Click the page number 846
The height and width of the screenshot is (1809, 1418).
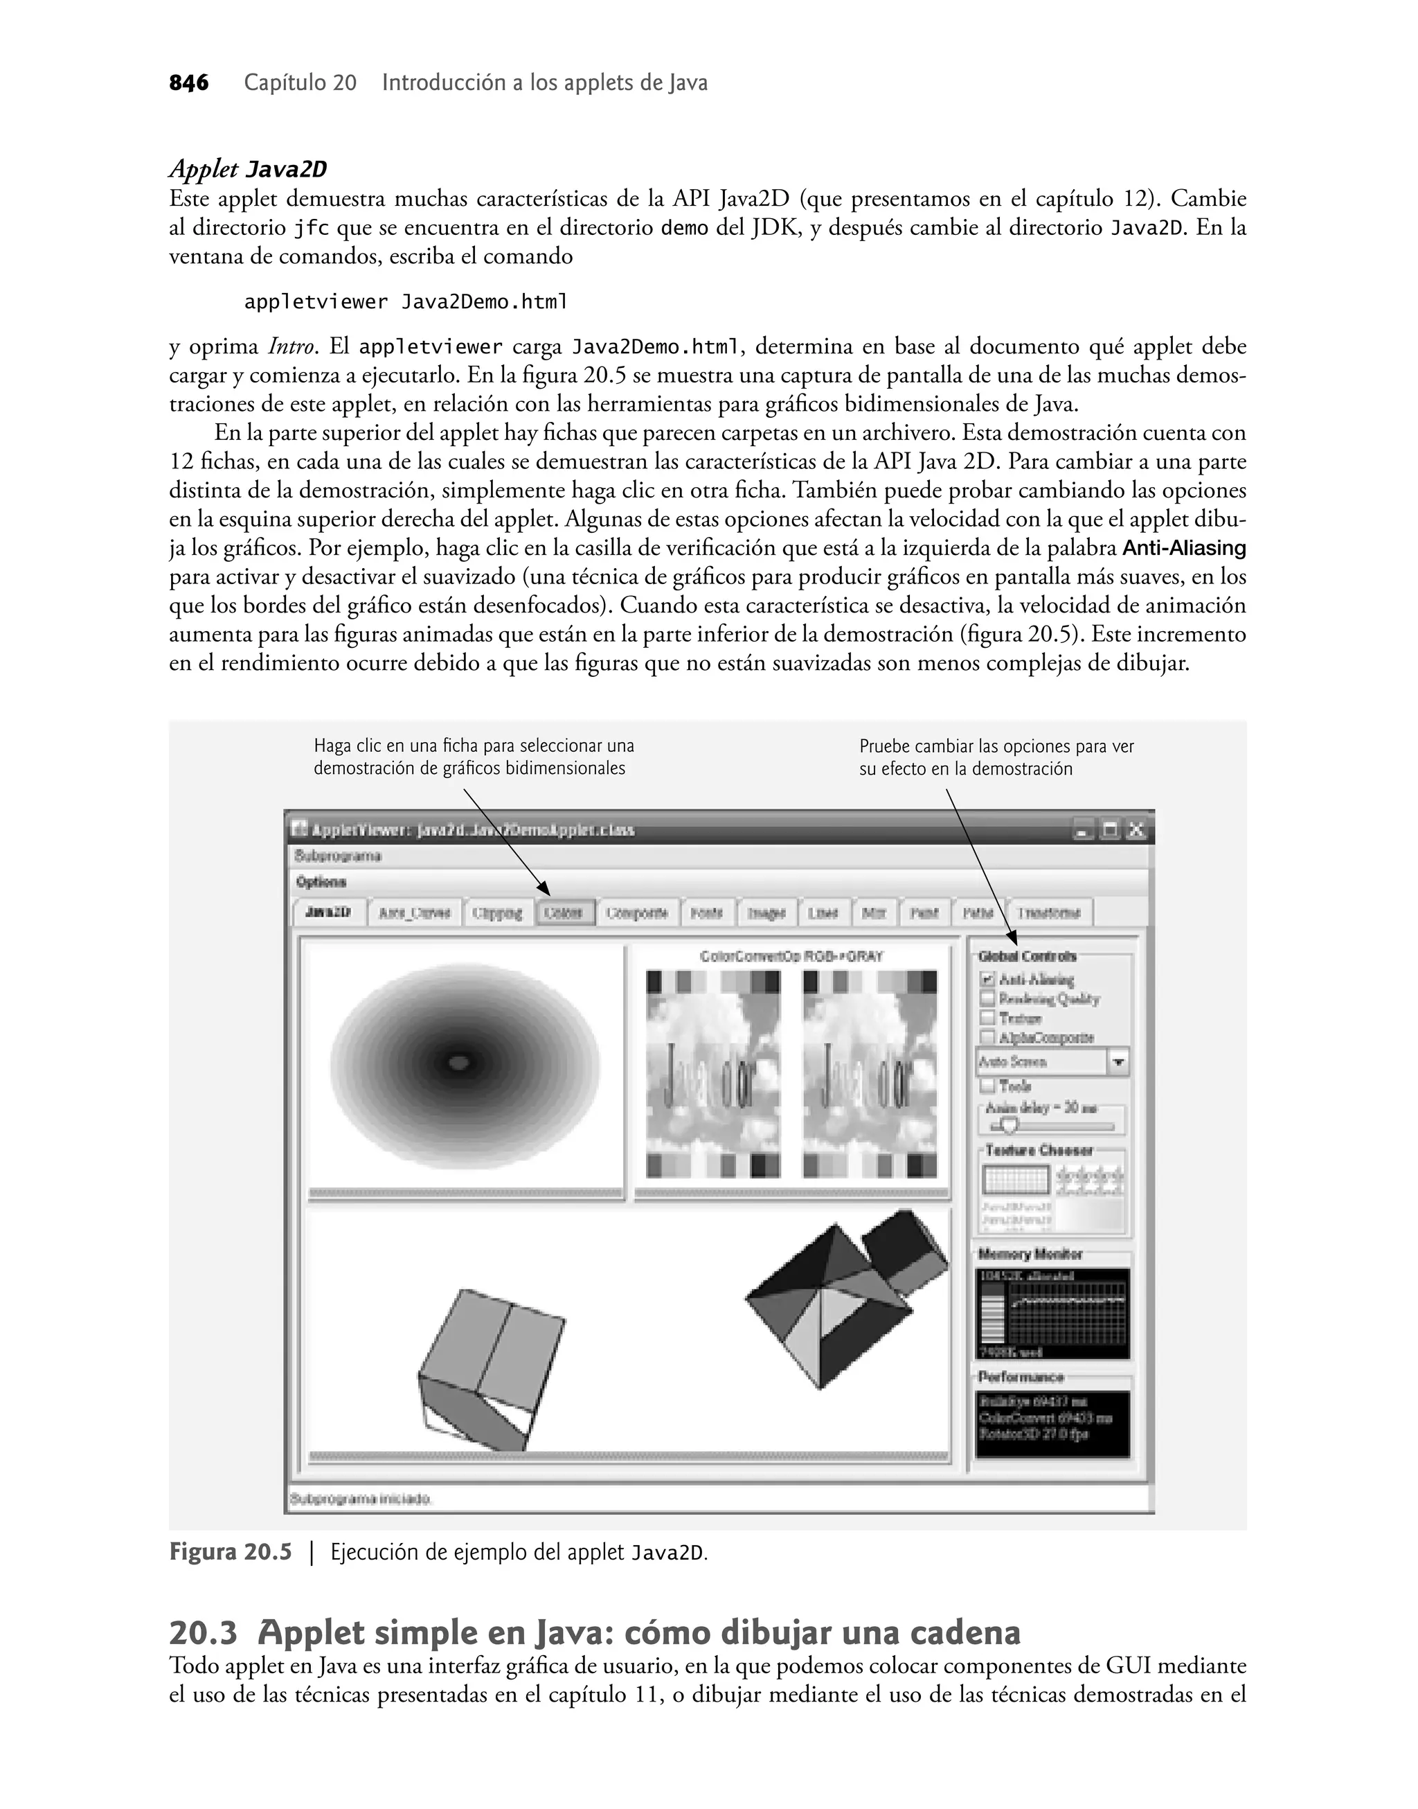tap(188, 83)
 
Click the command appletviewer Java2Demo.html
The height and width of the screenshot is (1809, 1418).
tap(406, 301)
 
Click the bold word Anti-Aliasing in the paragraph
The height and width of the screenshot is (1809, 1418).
tap(1184, 548)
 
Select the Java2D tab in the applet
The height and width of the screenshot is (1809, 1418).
tap(328, 912)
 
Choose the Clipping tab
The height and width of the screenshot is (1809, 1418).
tap(497, 912)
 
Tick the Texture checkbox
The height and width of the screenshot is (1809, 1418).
tap(987, 1018)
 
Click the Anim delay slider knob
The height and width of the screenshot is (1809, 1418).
tap(1009, 1127)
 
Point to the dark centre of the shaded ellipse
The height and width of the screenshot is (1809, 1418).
tap(459, 1061)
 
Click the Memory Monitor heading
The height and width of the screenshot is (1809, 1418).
tap(1030, 1254)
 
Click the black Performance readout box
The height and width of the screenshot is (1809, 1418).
tap(1052, 1424)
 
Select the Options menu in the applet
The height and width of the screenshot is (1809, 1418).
tap(321, 882)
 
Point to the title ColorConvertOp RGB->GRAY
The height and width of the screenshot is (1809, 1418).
tap(791, 957)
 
